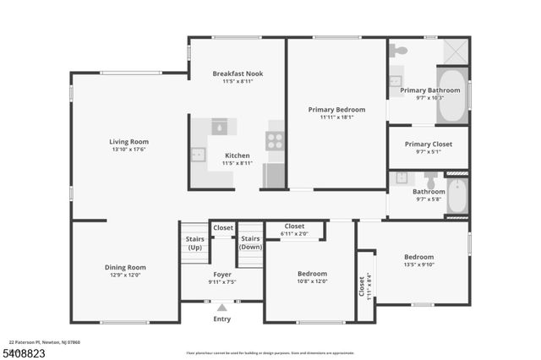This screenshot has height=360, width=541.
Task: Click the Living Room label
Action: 128,141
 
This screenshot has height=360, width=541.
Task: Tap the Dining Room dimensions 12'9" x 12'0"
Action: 125,275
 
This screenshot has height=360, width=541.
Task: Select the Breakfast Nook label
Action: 237,74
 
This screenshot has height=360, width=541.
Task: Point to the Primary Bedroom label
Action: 336,109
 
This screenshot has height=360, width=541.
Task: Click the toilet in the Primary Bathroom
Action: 398,51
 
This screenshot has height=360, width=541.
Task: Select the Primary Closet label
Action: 429,144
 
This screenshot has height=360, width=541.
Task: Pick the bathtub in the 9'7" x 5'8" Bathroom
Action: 456,197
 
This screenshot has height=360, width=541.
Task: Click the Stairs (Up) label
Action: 194,243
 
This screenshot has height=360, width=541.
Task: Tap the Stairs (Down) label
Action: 250,243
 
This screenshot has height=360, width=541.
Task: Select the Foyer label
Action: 222,275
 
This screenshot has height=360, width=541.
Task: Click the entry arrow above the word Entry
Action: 222,308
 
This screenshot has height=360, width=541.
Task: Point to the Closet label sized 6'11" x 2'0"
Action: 294,226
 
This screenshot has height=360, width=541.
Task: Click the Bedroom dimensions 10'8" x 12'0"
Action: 312,281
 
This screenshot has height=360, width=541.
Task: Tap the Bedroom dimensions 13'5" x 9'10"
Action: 418,265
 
